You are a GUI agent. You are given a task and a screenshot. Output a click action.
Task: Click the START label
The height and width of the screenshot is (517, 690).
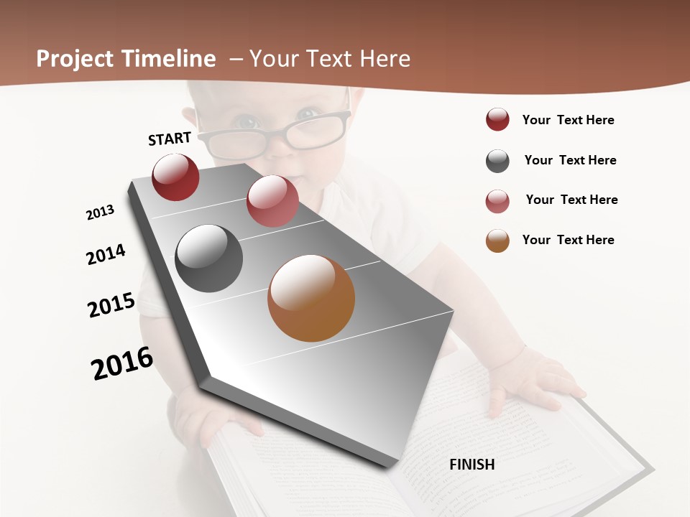point(170,139)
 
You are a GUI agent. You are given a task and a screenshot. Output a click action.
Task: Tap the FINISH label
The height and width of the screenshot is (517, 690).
point(472,465)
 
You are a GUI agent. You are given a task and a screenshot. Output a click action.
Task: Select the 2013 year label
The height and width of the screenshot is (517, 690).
point(100,213)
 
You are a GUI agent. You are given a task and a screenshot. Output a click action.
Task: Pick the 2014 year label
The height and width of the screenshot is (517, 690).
point(106,255)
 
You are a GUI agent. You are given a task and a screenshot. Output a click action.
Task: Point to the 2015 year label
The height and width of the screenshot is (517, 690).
point(111,305)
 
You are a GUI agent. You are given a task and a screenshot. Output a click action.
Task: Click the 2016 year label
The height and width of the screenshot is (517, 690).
point(122,363)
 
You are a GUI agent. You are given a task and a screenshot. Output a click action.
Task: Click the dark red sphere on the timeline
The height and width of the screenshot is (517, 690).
point(175,177)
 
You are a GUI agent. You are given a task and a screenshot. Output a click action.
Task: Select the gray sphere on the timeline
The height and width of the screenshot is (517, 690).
point(209,258)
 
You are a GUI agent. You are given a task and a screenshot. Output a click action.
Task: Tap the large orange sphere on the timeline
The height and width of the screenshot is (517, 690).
point(311,298)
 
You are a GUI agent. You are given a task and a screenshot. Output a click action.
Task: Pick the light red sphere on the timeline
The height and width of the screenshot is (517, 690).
point(272,201)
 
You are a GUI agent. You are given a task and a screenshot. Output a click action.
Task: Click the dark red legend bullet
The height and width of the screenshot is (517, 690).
point(497,120)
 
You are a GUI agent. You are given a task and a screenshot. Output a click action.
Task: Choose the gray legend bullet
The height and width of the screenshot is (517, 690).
point(497,161)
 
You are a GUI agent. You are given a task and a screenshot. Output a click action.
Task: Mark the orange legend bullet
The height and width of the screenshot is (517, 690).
point(497,241)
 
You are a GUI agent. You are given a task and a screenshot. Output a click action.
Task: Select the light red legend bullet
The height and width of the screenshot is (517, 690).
point(497,201)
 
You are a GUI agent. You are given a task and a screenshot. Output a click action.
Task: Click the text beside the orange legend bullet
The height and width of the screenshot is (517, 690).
point(569,240)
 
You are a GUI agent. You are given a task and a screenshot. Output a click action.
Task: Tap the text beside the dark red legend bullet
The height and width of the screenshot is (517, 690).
point(569,120)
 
